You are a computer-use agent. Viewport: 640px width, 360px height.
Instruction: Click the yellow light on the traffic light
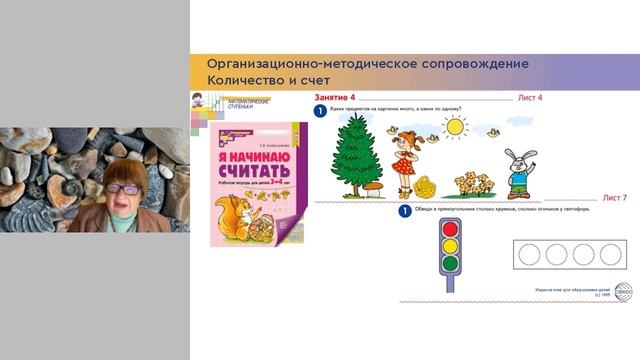tap(449, 246)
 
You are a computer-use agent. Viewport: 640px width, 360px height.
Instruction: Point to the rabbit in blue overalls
tap(519, 172)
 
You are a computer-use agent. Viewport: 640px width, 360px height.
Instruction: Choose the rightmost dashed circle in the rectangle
tap(608, 254)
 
